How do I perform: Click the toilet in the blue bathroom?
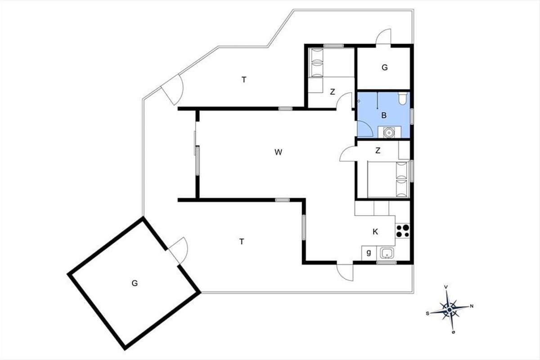point(403,98)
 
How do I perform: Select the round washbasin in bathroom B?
point(389,132)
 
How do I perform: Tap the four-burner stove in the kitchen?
point(402,231)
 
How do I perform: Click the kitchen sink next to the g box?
point(387,253)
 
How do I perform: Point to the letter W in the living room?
point(278,152)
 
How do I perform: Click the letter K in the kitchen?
point(375,232)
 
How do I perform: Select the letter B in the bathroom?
point(384,116)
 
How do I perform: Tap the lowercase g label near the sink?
point(369,253)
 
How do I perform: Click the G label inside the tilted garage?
point(135,283)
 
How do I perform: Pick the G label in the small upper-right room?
point(384,67)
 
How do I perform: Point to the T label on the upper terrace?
point(244,80)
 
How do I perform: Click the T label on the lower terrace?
point(242,241)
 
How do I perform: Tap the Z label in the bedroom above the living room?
point(333,92)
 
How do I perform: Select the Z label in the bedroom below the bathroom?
point(378,150)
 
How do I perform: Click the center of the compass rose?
point(449,310)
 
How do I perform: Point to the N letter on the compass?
point(472,306)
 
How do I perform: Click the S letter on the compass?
point(427,314)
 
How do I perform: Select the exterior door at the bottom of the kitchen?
point(345,272)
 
